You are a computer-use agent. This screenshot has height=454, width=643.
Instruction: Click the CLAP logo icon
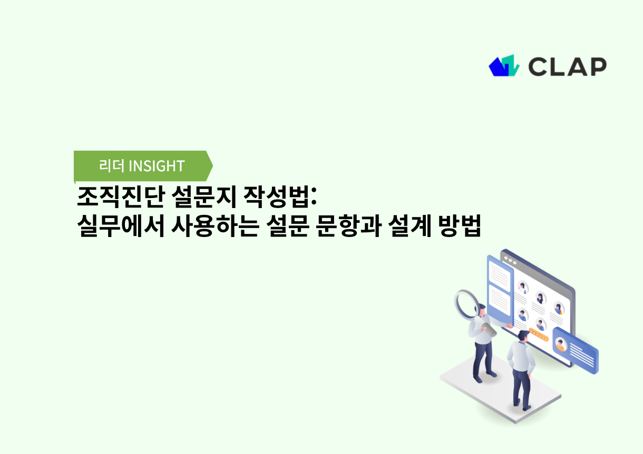[504, 66]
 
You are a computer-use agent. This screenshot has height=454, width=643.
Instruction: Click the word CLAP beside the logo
[567, 66]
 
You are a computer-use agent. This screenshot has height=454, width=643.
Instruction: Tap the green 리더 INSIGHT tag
[142, 166]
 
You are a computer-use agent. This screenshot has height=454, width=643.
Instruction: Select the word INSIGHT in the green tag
[157, 166]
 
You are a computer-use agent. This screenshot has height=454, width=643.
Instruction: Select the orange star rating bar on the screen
[538, 333]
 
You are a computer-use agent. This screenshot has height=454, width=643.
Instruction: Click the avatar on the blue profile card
[560, 345]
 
